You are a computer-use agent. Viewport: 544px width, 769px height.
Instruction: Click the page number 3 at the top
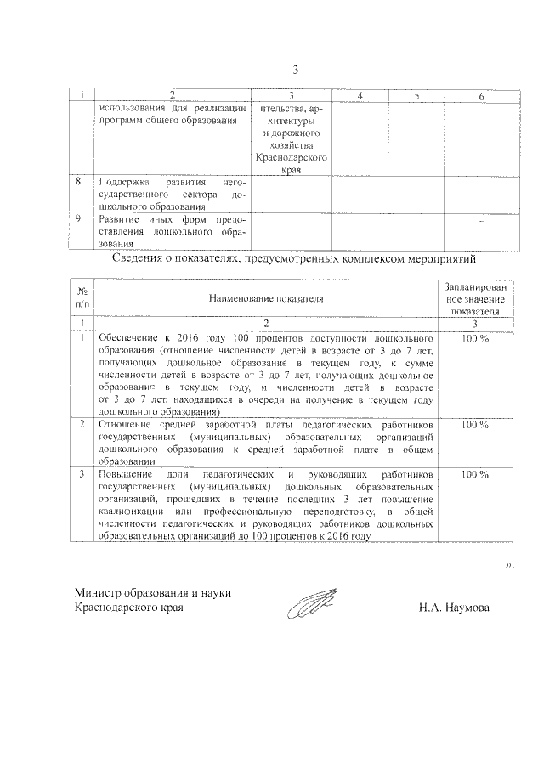(296, 69)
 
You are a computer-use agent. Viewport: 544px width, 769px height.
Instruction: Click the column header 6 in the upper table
(481, 97)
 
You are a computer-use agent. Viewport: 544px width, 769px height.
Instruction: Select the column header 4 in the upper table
(360, 97)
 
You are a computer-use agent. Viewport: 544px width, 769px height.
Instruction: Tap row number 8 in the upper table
(79, 182)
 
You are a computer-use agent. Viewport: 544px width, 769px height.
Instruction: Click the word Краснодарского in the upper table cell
(292, 158)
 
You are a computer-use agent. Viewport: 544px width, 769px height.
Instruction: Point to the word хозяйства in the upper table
(292, 146)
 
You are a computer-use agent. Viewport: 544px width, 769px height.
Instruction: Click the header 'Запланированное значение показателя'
(475, 299)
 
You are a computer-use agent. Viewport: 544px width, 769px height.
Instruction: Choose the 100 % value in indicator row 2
(474, 423)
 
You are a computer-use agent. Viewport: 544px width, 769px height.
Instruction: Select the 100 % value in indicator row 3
(474, 473)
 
